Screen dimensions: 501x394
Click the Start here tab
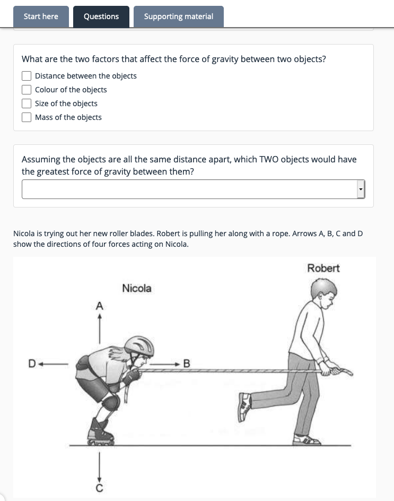pyautogui.click(x=41, y=16)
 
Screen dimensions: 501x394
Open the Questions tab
pyautogui.click(x=101, y=16)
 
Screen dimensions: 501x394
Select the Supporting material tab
pyautogui.click(x=178, y=16)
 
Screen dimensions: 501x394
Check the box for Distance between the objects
pyautogui.click(x=27, y=76)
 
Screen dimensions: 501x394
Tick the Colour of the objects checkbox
pyautogui.click(x=27, y=90)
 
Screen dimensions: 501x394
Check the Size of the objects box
pyautogui.click(x=27, y=103)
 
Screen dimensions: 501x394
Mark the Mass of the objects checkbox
pyautogui.click(x=27, y=117)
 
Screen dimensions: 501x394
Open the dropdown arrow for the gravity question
pyautogui.click(x=361, y=189)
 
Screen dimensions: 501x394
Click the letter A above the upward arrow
pyautogui.click(x=99, y=306)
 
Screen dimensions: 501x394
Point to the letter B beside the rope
pyautogui.click(x=186, y=364)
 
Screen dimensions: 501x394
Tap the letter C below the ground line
pyautogui.click(x=99, y=487)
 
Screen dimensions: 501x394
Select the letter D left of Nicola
pyautogui.click(x=32, y=364)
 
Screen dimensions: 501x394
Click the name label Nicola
pyautogui.click(x=136, y=288)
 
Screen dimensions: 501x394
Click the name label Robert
pyautogui.click(x=323, y=268)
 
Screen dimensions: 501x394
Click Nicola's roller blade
pyautogui.click(x=101, y=433)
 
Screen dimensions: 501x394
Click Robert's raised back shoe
pyautogui.click(x=244, y=407)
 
